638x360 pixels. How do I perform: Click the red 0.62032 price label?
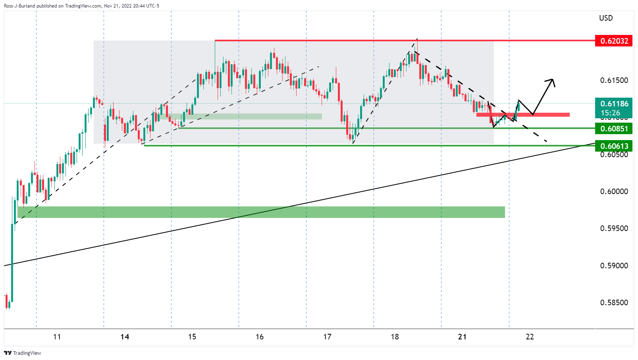614,41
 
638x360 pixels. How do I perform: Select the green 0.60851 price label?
614,129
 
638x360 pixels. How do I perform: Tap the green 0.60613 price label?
614,146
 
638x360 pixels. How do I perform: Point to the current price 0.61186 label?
614,104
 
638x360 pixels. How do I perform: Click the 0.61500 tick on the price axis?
614,80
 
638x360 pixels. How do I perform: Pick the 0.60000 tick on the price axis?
614,191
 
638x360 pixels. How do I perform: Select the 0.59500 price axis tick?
614,228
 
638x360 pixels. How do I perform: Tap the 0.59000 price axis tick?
614,266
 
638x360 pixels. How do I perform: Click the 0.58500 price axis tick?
614,302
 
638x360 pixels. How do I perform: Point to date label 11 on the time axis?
57,337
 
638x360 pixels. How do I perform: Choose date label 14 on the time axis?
125,337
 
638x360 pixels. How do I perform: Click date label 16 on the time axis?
260,337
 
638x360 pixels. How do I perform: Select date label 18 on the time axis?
395,337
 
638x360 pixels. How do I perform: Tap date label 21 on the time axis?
462,337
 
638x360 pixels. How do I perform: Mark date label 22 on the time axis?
530,337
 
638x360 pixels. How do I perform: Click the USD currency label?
606,18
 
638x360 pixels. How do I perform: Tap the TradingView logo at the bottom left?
23,353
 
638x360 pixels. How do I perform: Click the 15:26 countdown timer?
610,113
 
